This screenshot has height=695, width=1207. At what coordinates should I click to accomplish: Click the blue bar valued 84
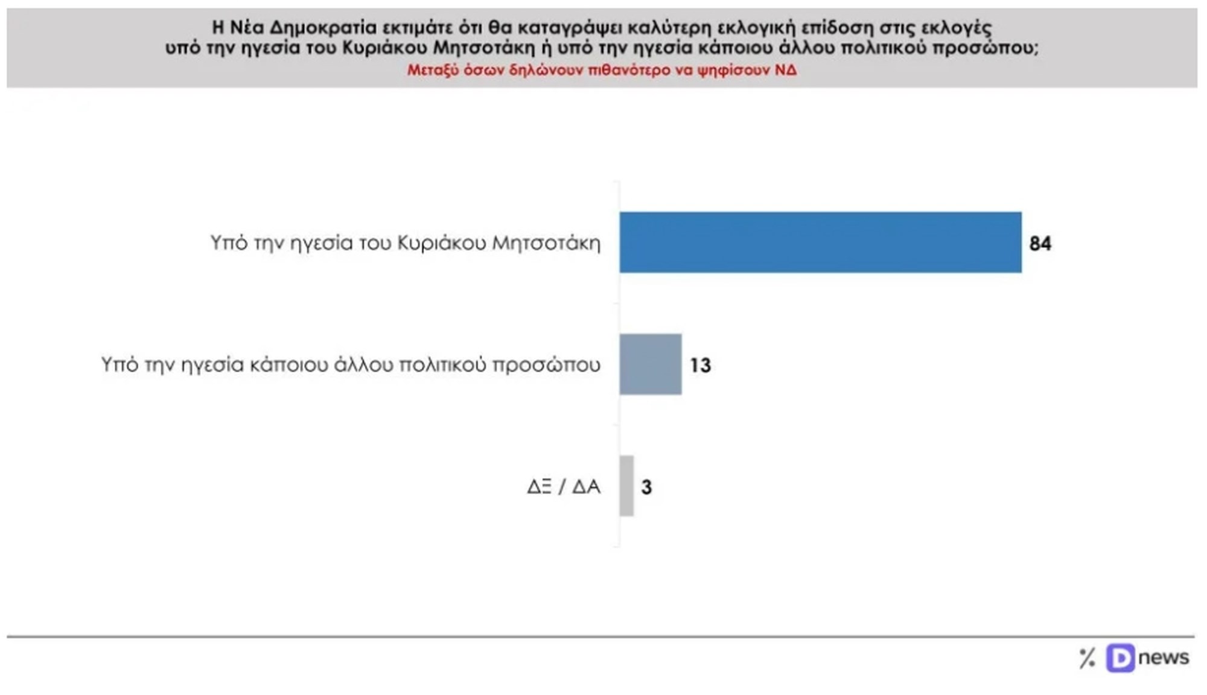click(x=820, y=243)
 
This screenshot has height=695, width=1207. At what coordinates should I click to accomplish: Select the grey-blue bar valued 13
click(x=651, y=364)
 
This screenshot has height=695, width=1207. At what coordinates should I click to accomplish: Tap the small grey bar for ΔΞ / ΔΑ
click(x=626, y=486)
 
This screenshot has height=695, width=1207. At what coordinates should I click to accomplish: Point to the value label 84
click(x=1040, y=244)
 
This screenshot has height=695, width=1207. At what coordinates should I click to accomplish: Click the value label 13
click(x=700, y=366)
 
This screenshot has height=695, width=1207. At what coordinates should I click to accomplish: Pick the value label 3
click(x=646, y=487)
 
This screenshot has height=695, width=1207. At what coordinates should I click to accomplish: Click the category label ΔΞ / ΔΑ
click(x=563, y=486)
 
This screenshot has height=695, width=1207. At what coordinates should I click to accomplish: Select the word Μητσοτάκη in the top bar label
click(x=546, y=243)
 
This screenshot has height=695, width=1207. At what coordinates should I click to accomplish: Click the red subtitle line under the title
click(x=602, y=70)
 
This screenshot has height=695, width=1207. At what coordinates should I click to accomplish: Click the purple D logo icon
click(x=1120, y=658)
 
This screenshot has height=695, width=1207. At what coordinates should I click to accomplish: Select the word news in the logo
click(x=1164, y=657)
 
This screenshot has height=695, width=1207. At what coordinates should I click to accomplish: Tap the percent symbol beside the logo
click(x=1087, y=658)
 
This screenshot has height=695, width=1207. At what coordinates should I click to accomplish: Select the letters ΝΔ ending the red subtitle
click(x=786, y=70)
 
